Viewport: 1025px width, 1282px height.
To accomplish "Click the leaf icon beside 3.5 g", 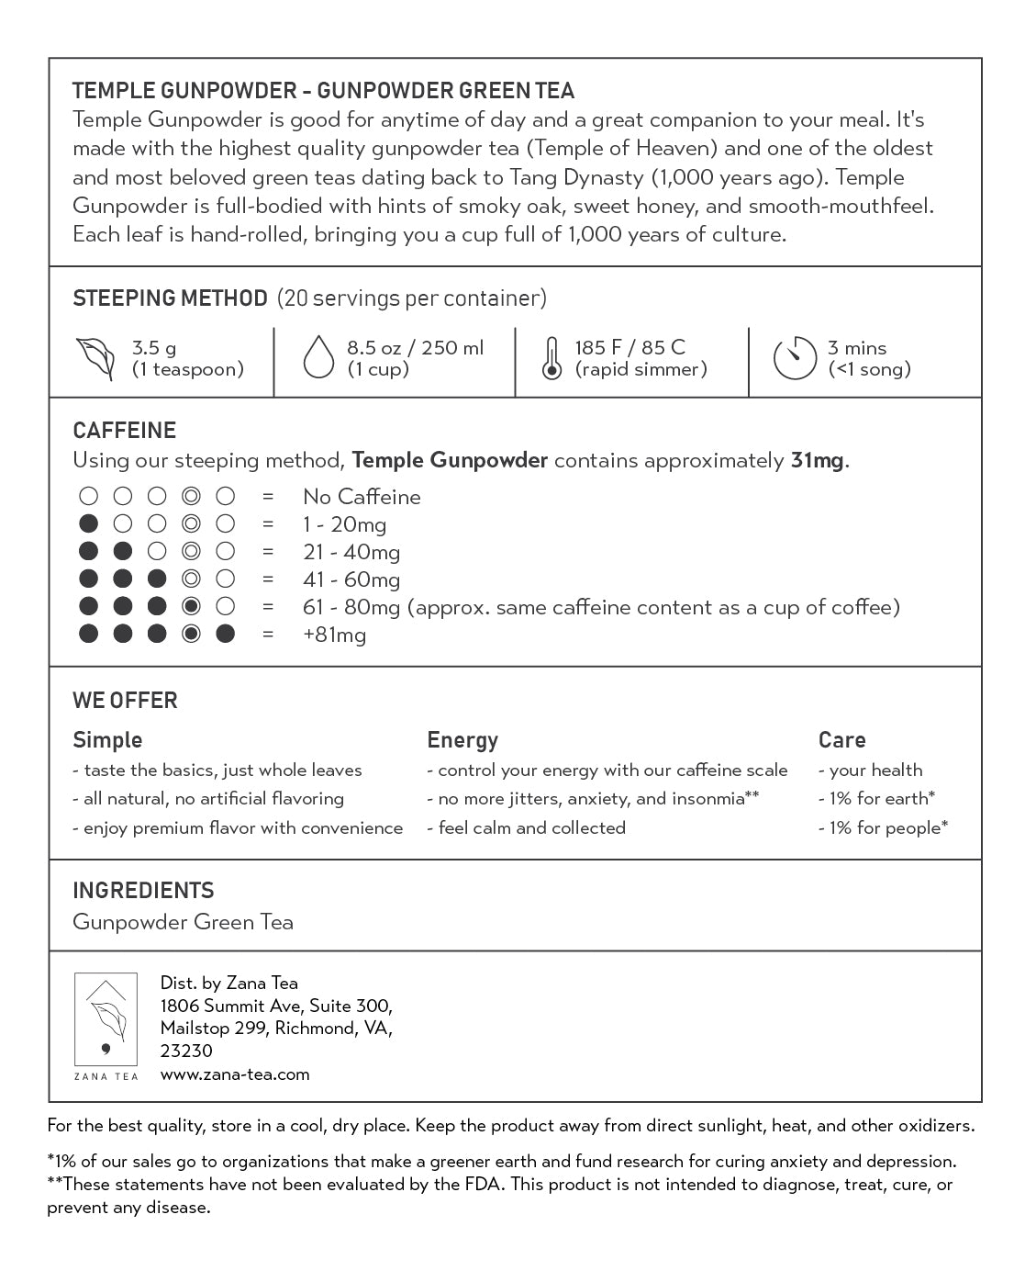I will coord(95,358).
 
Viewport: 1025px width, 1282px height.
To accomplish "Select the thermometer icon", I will coord(551,358).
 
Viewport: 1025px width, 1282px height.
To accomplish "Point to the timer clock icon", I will coord(795,358).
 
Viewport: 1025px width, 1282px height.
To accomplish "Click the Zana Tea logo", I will coord(106,1025).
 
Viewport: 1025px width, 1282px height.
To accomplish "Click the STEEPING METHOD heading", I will coord(170,298).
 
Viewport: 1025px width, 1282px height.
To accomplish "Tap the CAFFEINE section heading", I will coord(124,431).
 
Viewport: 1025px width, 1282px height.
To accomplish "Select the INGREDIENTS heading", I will coord(143,891).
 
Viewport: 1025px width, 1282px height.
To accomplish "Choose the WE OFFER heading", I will coord(125,701).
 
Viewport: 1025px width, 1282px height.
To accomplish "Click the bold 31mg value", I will coord(817,460).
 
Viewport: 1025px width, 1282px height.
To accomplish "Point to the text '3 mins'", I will coord(857,348).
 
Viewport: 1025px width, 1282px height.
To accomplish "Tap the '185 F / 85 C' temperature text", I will coord(629,348).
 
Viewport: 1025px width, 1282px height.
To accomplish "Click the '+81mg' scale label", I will coord(334,635).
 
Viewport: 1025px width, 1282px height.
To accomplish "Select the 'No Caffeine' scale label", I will coord(362,497).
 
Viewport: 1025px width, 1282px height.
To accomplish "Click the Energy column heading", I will coord(462,740).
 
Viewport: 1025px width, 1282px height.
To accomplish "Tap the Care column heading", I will coord(841,740).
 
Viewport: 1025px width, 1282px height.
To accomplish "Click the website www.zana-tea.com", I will coord(235,1074).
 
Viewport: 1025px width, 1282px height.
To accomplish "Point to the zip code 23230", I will coord(186,1051).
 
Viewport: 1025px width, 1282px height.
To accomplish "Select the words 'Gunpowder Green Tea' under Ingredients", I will coord(183,922).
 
